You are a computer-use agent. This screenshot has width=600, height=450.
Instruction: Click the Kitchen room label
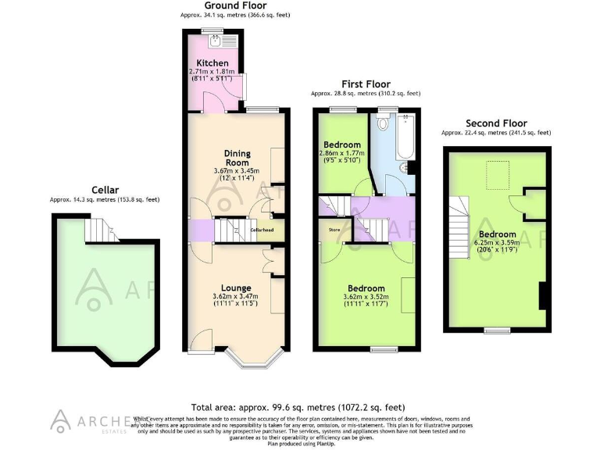(x=212, y=63)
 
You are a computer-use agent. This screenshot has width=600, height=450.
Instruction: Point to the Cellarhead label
(x=260, y=230)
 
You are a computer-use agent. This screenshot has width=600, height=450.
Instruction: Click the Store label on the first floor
(x=334, y=230)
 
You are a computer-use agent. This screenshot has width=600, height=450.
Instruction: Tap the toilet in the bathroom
(x=384, y=123)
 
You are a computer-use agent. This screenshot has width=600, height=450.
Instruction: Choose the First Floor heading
(x=366, y=84)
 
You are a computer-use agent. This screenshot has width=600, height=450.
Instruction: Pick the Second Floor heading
(x=495, y=123)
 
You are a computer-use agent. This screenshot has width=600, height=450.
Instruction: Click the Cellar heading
(x=105, y=190)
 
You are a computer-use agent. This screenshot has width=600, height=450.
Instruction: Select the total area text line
(x=298, y=407)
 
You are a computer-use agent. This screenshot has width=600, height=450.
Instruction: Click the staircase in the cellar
(x=99, y=230)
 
